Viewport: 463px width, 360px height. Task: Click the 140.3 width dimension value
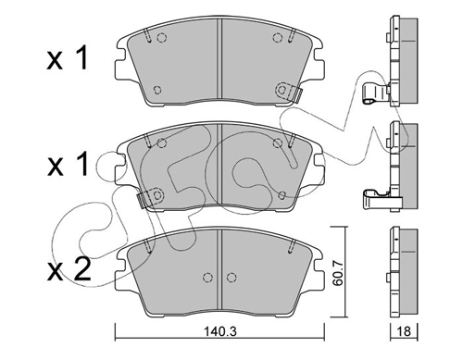coord(219,332)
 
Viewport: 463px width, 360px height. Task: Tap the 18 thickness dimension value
coord(404,331)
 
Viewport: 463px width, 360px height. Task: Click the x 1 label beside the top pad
coord(68,57)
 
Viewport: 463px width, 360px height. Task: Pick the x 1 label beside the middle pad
coord(68,165)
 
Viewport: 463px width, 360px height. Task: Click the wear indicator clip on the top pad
coord(289,92)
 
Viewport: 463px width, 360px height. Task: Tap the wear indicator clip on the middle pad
coord(150,198)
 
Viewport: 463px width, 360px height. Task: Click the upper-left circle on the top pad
coord(161,38)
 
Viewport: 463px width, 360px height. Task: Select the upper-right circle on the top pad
coord(278,38)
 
